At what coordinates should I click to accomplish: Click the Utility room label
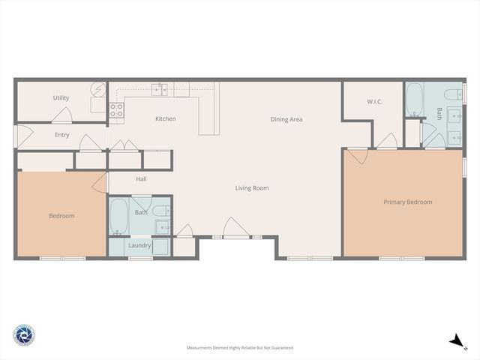(x=61, y=98)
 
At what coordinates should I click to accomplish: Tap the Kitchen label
(x=166, y=119)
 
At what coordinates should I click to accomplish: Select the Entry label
(x=61, y=135)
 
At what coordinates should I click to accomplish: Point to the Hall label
(x=141, y=179)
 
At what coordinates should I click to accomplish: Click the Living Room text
(x=252, y=188)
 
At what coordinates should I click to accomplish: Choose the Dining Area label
(x=286, y=119)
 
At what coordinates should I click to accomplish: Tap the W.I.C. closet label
(x=375, y=101)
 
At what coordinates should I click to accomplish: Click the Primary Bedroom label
(x=407, y=202)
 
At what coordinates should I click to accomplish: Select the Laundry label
(x=139, y=245)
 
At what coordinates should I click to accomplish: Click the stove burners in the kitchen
(x=117, y=111)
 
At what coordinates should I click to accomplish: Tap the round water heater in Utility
(x=99, y=89)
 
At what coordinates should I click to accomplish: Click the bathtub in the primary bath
(x=415, y=100)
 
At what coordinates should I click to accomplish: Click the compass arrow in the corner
(x=455, y=341)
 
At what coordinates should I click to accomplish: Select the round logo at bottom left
(x=23, y=335)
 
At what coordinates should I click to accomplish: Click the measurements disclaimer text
(x=240, y=348)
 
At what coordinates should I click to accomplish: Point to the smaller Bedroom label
(x=61, y=216)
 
